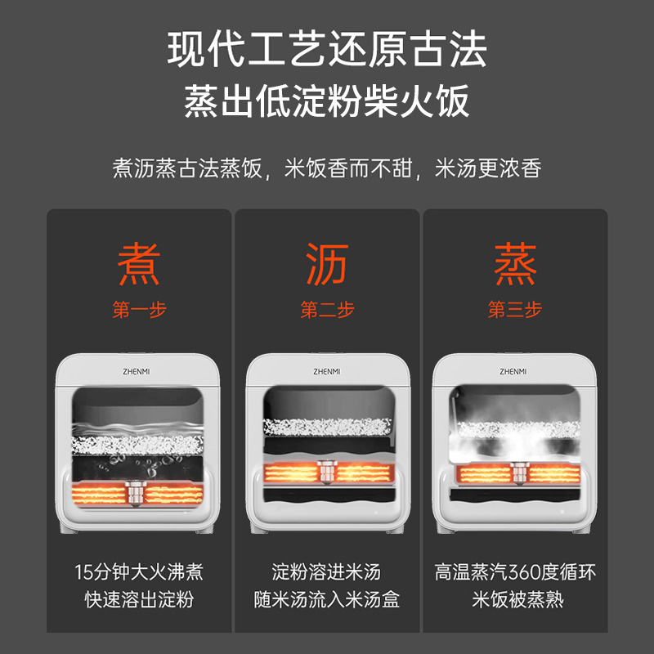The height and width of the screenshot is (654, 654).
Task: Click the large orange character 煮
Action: point(139,264)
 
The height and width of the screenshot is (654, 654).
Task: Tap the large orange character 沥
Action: point(328,264)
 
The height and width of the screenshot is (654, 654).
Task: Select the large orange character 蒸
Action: point(515,264)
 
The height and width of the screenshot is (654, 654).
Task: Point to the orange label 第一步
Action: point(139,310)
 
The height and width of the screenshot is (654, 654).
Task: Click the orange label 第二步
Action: point(328,310)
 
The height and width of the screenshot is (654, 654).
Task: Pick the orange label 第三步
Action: point(515,310)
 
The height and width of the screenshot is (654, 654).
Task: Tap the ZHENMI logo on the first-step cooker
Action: point(137,372)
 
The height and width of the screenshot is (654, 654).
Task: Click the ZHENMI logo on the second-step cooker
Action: point(326,372)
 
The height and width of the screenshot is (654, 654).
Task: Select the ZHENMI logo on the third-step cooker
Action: point(513,372)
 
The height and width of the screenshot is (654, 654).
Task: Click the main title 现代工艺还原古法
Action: point(327,50)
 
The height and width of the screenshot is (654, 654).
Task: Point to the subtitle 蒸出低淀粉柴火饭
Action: point(327,101)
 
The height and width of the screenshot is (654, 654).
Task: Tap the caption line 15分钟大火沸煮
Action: point(139,571)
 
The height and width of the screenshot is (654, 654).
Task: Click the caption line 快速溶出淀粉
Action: point(139,600)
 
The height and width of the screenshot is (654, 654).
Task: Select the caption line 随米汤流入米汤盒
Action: point(327,600)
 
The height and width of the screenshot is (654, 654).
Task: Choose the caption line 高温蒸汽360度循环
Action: point(515,571)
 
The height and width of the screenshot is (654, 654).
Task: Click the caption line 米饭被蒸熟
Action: point(517,600)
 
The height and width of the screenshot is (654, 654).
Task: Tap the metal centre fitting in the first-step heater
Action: point(136,493)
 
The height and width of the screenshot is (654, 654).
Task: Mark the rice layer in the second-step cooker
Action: point(328,427)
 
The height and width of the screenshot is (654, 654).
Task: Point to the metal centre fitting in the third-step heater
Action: point(519,473)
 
